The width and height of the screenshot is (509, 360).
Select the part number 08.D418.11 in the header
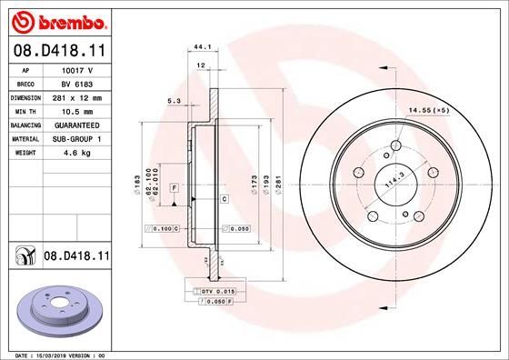56,52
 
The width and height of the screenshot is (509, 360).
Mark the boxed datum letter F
173,186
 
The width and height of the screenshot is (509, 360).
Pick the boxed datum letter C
224,197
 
